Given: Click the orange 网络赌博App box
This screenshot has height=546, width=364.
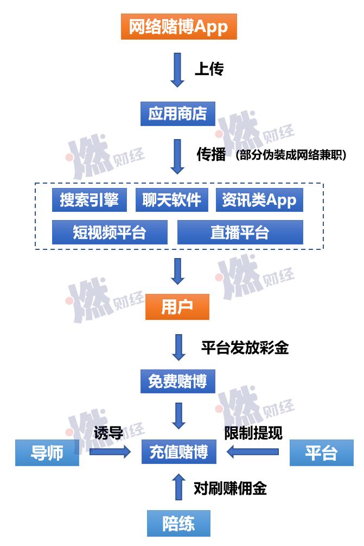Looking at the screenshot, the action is click(x=178, y=27).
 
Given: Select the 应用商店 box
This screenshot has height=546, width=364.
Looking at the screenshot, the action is click(x=177, y=114).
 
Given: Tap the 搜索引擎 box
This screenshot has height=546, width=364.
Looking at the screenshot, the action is click(x=90, y=200).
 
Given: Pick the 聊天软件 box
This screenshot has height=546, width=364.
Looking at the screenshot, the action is click(x=172, y=200).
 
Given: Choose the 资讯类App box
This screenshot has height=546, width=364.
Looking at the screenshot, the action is click(x=259, y=200).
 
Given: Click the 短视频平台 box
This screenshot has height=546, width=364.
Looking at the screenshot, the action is click(x=110, y=233).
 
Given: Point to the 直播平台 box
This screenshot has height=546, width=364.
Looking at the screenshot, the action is click(x=240, y=233).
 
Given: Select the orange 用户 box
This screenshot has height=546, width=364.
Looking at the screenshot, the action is click(x=177, y=307).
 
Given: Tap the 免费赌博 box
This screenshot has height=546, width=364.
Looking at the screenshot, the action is click(x=177, y=381).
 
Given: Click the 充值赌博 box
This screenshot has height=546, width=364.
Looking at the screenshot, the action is click(x=178, y=451).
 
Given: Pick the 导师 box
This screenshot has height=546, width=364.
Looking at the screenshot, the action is click(x=47, y=453).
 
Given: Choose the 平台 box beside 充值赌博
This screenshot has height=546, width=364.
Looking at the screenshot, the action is click(x=322, y=453).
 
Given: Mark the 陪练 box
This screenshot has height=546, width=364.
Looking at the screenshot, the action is click(x=178, y=523).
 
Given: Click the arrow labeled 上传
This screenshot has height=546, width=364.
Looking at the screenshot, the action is click(x=177, y=70).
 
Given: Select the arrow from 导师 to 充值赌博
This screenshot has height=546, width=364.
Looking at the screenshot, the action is click(x=110, y=451).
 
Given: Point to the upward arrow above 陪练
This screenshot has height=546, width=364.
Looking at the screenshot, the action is click(x=178, y=487).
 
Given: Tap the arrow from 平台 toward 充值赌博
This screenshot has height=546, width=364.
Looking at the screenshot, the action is click(x=252, y=451).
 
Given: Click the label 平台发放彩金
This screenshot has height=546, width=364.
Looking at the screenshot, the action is click(x=245, y=348).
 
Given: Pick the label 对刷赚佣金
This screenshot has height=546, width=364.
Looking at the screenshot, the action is click(x=230, y=488).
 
